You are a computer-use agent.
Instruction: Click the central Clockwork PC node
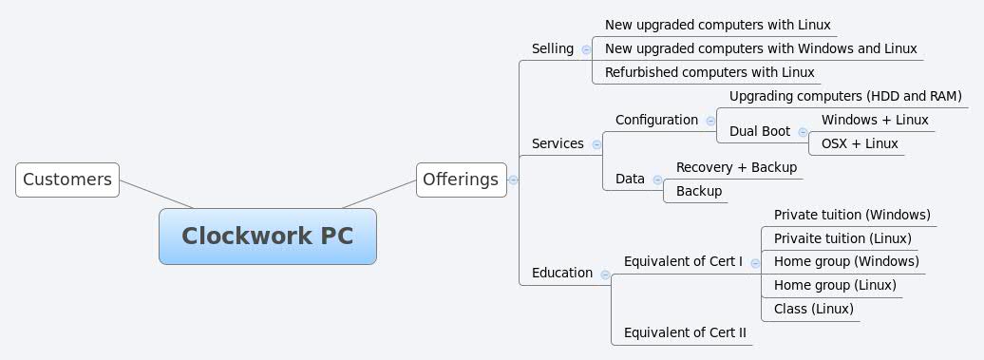[267, 236]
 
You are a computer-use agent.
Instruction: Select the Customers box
[67, 179]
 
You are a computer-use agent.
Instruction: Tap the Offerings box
[461, 179]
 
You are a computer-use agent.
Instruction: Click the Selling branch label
[553, 48]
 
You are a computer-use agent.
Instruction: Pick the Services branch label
[558, 143]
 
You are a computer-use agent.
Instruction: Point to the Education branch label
[562, 273]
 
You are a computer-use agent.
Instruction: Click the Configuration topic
[656, 120]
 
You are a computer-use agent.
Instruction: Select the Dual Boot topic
[760, 131]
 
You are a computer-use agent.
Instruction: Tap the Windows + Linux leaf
[875, 120]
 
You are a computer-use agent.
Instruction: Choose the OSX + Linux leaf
[860, 143]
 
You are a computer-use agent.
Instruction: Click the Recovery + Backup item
[736, 167]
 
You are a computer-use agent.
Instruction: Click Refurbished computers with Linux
[710, 72]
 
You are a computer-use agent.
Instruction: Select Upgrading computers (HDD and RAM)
[845, 96]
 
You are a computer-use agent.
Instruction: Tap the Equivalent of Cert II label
[685, 332]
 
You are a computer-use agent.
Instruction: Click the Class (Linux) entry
[813, 309]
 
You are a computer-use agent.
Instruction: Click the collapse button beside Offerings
[513, 180]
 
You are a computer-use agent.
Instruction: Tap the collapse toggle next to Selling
[586, 49]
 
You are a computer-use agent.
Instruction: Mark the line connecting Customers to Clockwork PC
[156, 194]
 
